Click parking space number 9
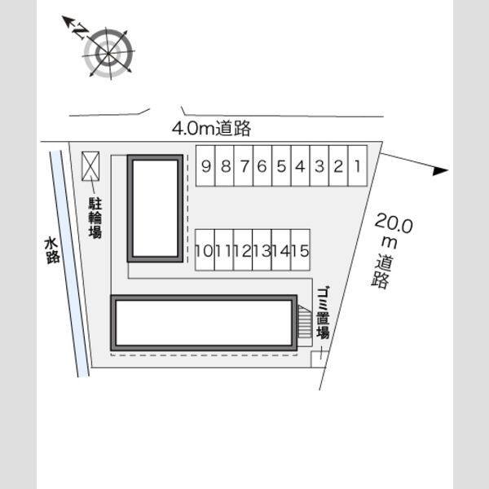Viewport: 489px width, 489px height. tap(205, 166)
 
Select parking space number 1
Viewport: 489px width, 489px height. tap(358, 166)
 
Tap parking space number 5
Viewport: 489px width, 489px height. tap(282, 166)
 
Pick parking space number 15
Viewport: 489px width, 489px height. tap(300, 250)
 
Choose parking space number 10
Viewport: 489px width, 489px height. tap(205, 250)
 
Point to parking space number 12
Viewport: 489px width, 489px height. tap(243, 250)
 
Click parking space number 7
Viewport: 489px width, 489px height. tap(244, 166)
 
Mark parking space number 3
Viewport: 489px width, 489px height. tap(319, 166)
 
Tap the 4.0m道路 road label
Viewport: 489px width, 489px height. tap(211, 128)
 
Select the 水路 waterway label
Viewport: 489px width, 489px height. tap(52, 250)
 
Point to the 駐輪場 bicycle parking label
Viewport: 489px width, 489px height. tap(95, 218)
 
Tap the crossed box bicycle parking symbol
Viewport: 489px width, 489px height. tap(90, 166)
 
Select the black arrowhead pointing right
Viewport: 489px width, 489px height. tap(440, 170)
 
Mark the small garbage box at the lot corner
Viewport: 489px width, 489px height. tap(319, 359)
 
